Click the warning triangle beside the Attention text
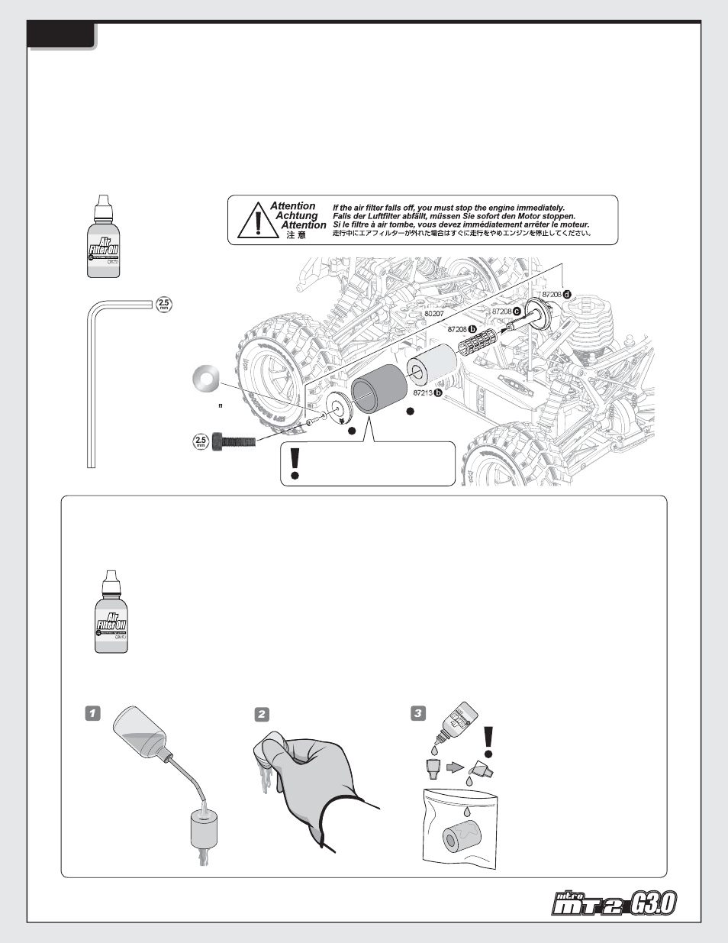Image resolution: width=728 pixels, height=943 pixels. pos(257,221)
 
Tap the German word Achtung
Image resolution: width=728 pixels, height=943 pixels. pos(296,216)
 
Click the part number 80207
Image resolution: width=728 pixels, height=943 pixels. pos(433,314)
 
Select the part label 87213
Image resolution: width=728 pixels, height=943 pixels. pos(424,392)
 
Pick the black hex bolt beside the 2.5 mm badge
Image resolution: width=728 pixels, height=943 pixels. pos(233,441)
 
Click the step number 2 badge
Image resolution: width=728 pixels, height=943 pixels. pos(262,714)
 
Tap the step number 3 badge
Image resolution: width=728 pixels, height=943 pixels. pos(417,713)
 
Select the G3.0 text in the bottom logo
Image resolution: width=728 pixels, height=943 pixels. pos(653,905)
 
